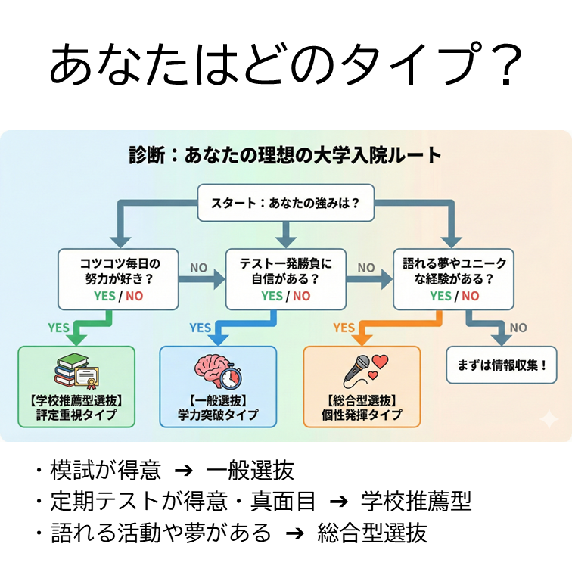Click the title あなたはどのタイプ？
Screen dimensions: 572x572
coord(286,67)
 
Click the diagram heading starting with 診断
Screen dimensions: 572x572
coord(285,157)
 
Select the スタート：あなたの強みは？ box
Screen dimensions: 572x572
coord(285,202)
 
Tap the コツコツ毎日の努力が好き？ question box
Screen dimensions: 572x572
coord(120,278)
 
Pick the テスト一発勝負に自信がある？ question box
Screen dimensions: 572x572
coord(285,278)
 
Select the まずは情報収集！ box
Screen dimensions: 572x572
coord(502,365)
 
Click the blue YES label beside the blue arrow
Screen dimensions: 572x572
coord(200,328)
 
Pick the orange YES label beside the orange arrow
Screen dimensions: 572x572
coord(344,328)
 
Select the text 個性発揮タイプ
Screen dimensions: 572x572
coord(362,415)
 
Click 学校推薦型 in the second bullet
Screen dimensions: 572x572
coord(416,501)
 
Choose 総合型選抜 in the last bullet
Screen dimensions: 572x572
coord(372,532)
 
